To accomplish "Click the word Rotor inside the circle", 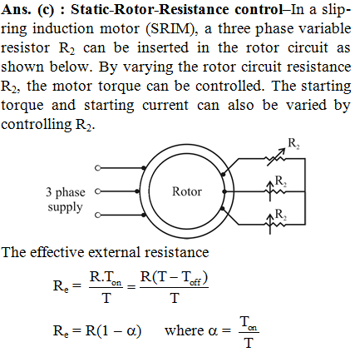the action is tap(187, 191).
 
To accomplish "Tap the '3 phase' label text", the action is tap(66, 192).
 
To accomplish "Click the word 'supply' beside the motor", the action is tap(65, 207).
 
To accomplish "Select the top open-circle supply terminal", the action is tap(97, 168).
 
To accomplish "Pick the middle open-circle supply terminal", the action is tap(97, 191).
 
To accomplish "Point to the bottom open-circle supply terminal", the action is tap(97, 215).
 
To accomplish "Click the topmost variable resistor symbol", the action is tap(276, 157).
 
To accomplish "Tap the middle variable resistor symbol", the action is tap(275, 191).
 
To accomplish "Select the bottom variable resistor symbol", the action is tap(275, 224).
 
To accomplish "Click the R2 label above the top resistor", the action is tap(293, 143).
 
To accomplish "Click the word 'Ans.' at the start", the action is tap(16, 10).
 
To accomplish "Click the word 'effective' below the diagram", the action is tap(57, 252).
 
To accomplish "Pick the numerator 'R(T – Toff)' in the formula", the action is tap(174, 278).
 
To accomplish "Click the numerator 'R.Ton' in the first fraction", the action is tap(106, 278).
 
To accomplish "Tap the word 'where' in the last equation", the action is tap(184, 330).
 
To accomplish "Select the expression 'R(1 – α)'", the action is tap(114, 331).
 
